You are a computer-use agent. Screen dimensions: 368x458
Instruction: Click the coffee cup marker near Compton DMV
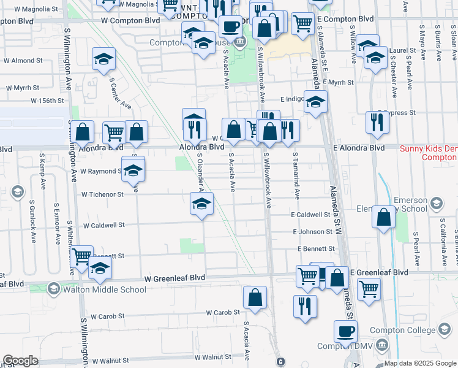[346, 332]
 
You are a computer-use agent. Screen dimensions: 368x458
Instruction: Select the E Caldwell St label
[310, 215]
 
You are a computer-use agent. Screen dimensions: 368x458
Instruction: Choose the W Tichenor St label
[102, 194]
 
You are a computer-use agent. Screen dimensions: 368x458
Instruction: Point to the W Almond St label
[23, 61]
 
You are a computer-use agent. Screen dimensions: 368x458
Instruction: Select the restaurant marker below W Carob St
[304, 307]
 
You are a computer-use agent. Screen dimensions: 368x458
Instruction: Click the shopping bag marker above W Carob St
[255, 297]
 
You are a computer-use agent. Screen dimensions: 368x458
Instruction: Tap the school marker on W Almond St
[103, 59]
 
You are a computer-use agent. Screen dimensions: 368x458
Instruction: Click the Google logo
[20, 361]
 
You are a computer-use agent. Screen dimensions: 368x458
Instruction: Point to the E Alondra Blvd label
[359, 148]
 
